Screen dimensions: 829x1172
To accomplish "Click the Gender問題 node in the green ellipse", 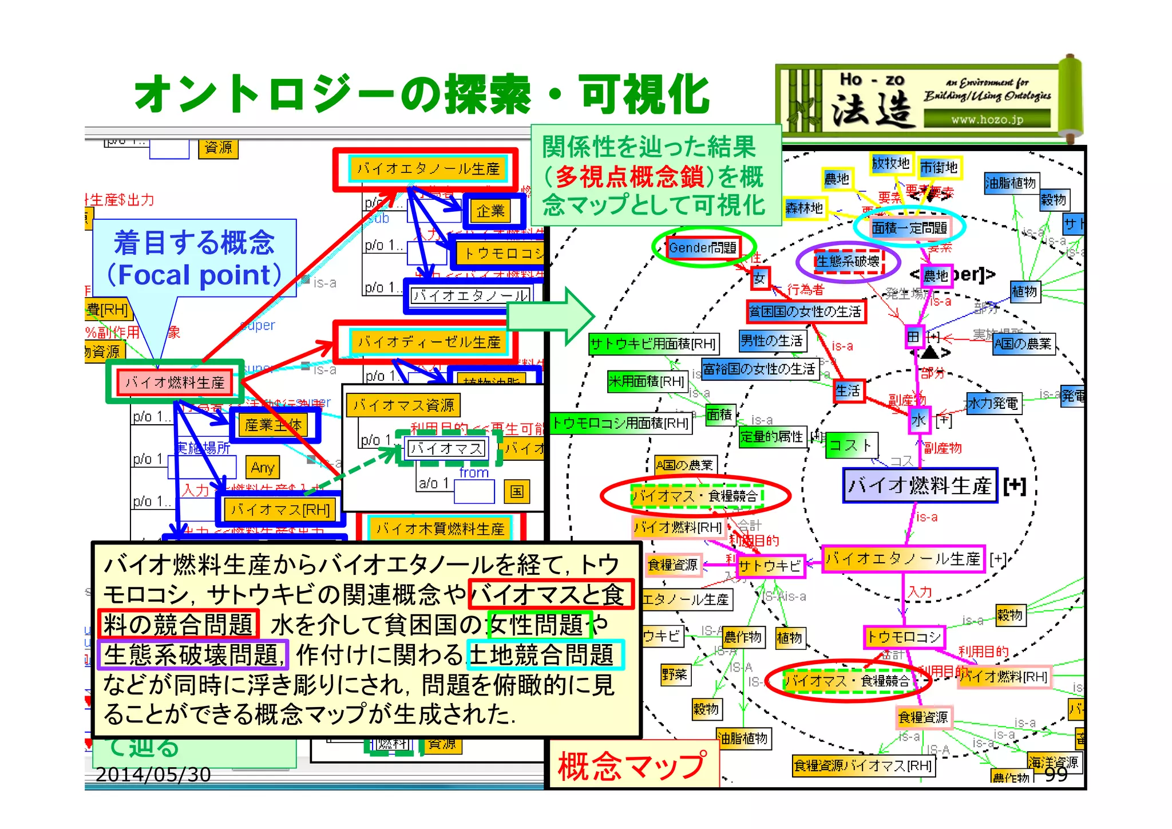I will pyautogui.click(x=703, y=248).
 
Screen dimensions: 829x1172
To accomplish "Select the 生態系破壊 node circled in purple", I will pyautogui.click(x=848, y=262).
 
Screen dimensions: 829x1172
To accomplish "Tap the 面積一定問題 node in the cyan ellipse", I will pyautogui.click(x=909, y=228).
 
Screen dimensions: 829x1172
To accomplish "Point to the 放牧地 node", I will pyautogui.click(x=890, y=164).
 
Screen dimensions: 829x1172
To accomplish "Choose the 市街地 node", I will pyautogui.click(x=939, y=167).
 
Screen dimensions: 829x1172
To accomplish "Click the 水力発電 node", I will pyautogui.click(x=993, y=404).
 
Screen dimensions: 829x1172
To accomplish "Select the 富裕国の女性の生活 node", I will pyautogui.click(x=759, y=369).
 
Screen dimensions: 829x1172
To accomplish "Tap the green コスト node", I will pyautogui.click(x=850, y=445).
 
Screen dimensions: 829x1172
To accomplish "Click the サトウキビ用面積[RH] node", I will pyautogui.click(x=653, y=344).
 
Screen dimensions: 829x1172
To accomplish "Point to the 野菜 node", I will pyautogui.click(x=674, y=674).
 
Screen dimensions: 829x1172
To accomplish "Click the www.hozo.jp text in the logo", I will pyautogui.click(x=987, y=120).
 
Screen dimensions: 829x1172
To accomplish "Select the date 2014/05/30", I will pyautogui.click(x=153, y=775).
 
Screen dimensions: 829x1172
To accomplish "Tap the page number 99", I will pyautogui.click(x=1056, y=775).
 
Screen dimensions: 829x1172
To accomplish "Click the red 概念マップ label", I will pyautogui.click(x=632, y=766).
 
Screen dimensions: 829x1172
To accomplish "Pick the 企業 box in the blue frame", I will pyautogui.click(x=491, y=211).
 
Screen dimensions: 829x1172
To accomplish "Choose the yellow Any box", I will pyautogui.click(x=263, y=468).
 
